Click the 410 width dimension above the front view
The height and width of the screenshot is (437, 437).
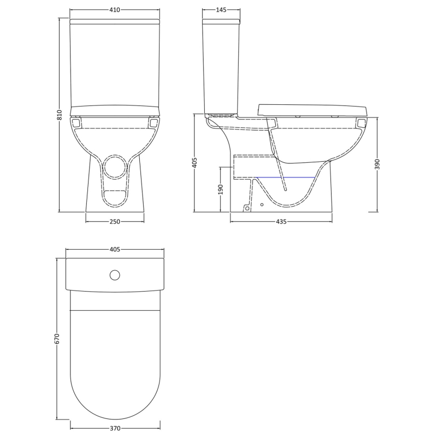coord(115,10)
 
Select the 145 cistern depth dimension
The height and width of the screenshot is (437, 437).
coord(221,10)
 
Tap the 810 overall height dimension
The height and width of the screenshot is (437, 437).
coord(60,115)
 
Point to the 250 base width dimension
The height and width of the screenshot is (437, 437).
coord(115,221)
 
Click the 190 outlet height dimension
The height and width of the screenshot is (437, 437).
coord(221,190)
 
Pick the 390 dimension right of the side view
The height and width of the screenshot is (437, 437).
coord(377,164)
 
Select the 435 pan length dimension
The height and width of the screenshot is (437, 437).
coord(281,221)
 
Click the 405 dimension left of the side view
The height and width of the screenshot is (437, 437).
coord(195,163)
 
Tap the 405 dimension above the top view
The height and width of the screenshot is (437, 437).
coord(115,249)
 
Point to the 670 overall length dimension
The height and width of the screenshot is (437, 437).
coord(57,339)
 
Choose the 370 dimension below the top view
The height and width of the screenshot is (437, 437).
coord(115,428)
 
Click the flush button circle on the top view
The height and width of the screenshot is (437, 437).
coord(115,275)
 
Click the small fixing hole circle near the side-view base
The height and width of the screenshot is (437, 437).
coord(262,205)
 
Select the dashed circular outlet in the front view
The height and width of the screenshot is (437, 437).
coord(115,167)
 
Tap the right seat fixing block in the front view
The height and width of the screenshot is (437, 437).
coord(153,123)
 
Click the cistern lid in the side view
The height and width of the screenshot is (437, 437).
coord(221,22)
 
